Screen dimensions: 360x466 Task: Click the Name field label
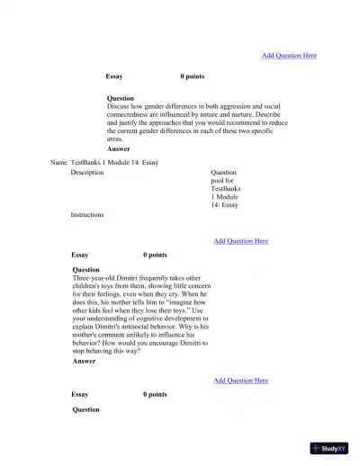click(x=59, y=162)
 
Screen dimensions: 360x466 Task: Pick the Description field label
click(x=87, y=172)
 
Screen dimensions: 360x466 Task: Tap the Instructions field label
click(x=87, y=215)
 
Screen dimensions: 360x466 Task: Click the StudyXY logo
click(x=328, y=448)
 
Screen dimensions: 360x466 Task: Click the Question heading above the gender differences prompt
click(x=120, y=98)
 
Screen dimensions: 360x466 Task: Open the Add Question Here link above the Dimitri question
click(x=240, y=241)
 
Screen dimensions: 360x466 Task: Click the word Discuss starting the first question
click(x=119, y=106)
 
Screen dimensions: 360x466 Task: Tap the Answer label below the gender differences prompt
click(x=118, y=148)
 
